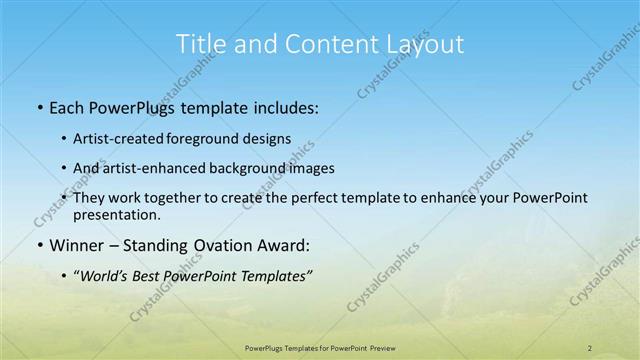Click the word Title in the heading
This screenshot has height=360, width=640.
(199, 44)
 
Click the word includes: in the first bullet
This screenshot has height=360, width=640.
(282, 106)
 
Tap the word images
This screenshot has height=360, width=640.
(310, 168)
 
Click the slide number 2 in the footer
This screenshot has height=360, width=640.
(590, 347)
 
